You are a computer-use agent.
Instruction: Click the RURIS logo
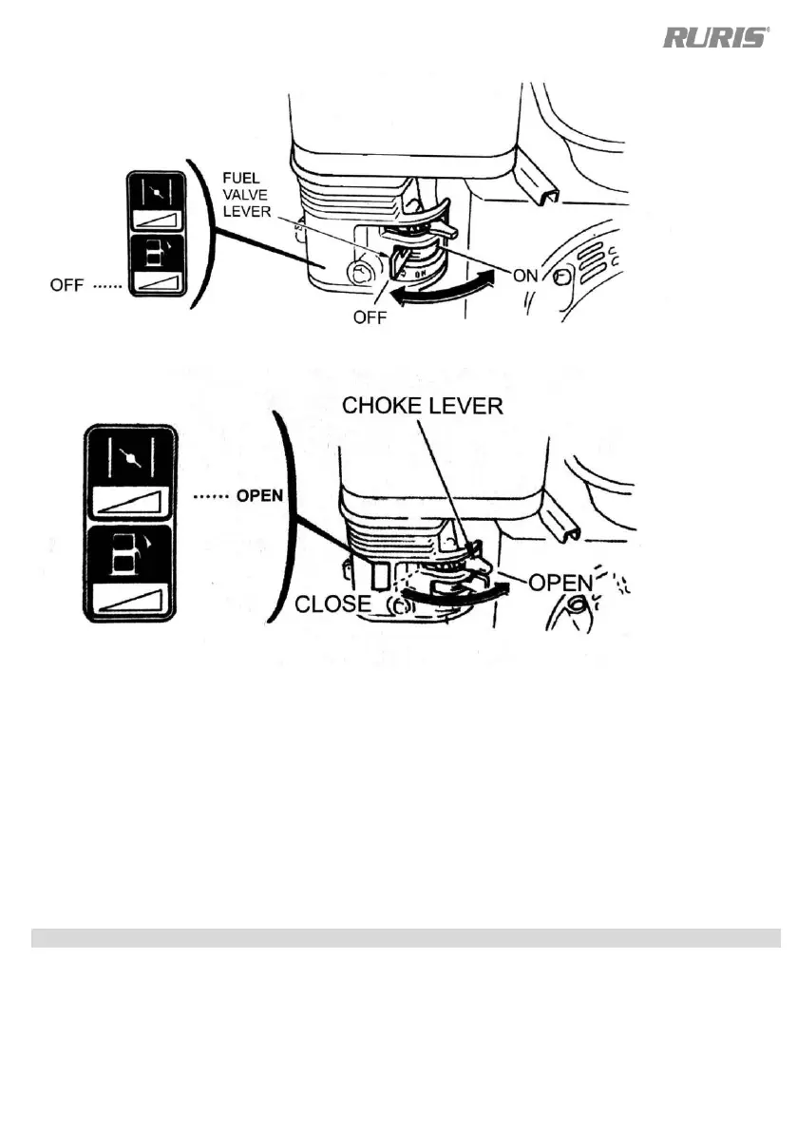pyautogui.click(x=714, y=38)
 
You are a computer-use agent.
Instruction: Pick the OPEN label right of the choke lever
pyautogui.click(x=560, y=582)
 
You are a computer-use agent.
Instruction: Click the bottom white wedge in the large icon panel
pyautogui.click(x=133, y=602)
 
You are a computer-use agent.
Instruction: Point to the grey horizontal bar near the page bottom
pyautogui.click(x=406, y=938)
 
